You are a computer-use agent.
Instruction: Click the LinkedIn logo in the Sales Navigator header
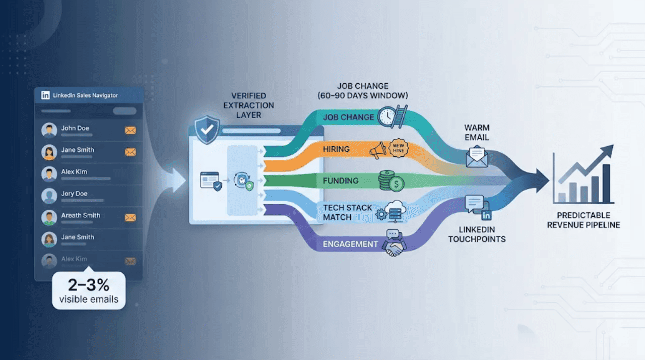pos(45,95)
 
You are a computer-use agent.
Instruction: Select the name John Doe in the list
pos(75,128)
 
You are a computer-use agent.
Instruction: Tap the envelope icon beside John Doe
pos(131,131)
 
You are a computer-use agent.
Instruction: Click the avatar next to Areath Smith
pos(49,217)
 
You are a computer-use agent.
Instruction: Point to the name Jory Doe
pos(74,194)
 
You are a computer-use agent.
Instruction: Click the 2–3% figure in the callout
pos(89,285)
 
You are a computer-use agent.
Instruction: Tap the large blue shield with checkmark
pos(207,130)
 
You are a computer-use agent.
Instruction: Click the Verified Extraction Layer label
pos(252,105)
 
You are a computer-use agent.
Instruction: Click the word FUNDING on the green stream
pos(341,181)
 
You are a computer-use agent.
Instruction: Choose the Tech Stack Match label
pos(348,212)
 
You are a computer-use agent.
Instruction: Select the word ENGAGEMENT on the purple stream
pos(350,244)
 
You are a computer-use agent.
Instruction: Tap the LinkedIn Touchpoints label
pos(477,234)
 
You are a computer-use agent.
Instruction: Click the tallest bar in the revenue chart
pos(606,182)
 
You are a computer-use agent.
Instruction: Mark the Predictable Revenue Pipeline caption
pos(584,220)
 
